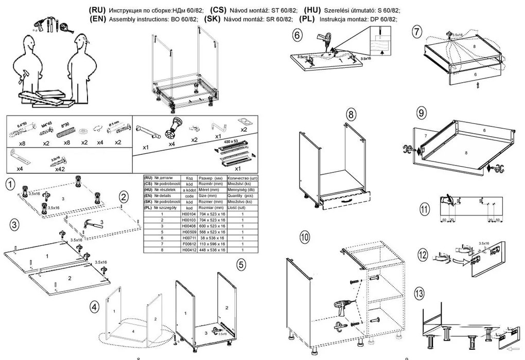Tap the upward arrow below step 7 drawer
[478, 85]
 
